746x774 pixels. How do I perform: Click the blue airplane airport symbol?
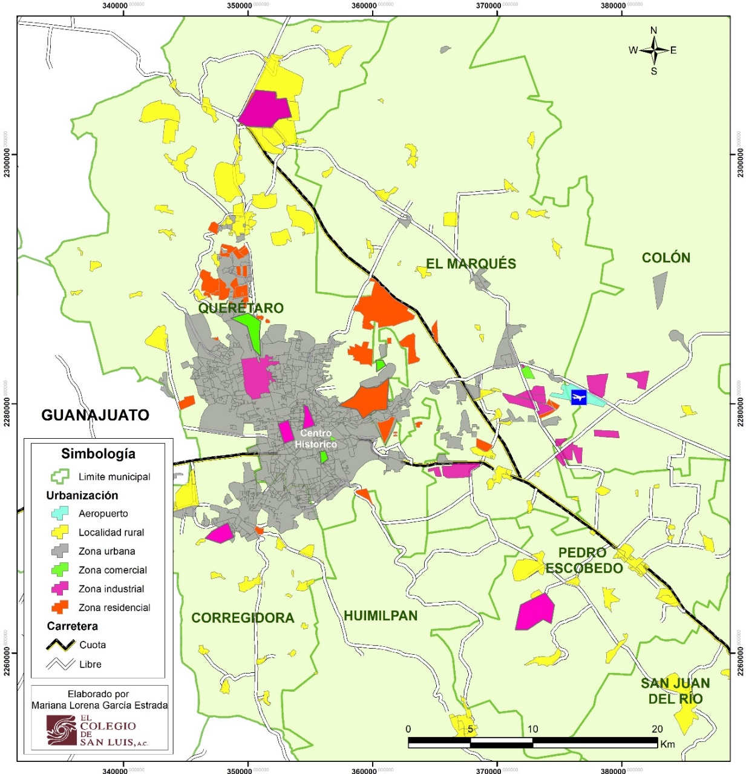point(579,398)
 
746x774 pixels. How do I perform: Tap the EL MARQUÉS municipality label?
point(471,264)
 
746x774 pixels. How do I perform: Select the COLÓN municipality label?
point(666,258)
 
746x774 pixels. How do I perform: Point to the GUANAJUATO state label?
point(95,415)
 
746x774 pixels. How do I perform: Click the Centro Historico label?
point(316,439)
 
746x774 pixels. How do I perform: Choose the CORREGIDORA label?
point(243,618)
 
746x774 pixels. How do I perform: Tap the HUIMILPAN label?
point(381,616)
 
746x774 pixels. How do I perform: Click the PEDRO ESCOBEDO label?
point(584,561)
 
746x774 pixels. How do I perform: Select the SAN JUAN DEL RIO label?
point(675,691)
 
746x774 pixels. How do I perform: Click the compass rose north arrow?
point(653,50)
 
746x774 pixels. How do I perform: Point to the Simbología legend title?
point(98,454)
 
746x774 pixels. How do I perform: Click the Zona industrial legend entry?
point(111,589)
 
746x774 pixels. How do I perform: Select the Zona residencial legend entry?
point(114,608)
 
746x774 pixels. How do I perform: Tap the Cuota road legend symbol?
point(61,645)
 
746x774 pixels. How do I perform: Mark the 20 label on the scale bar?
point(657,729)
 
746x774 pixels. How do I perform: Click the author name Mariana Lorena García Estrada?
point(100,705)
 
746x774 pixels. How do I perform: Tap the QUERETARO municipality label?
point(241,308)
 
